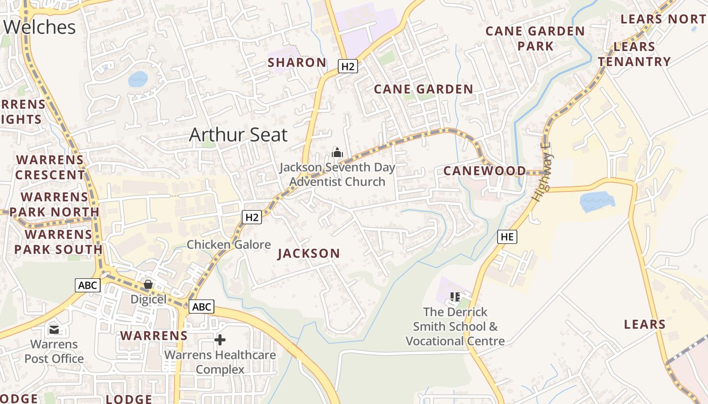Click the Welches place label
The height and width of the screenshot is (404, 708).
pyautogui.click(x=40, y=27)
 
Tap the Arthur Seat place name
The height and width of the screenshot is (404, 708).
pyautogui.click(x=238, y=135)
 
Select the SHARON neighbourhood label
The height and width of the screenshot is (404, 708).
pyautogui.click(x=297, y=63)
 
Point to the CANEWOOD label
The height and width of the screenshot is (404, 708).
pyautogui.click(x=484, y=171)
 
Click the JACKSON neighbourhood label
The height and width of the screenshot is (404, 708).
pyautogui.click(x=308, y=254)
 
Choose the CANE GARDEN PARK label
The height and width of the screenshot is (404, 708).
pyautogui.click(x=535, y=38)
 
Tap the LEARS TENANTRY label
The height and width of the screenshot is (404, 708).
pyautogui.click(x=634, y=54)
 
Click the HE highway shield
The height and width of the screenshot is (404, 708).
pyautogui.click(x=507, y=236)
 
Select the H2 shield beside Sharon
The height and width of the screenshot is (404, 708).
pyautogui.click(x=348, y=66)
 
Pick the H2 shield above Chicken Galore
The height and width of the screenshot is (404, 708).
pyautogui.click(x=252, y=217)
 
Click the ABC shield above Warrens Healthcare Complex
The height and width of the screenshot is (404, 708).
pyautogui.click(x=201, y=306)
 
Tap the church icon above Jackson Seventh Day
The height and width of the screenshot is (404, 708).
pyautogui.click(x=337, y=152)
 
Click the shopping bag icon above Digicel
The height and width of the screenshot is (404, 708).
pyautogui.click(x=148, y=285)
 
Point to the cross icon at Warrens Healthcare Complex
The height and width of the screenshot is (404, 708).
pyautogui.click(x=220, y=340)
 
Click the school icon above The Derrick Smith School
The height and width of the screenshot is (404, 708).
pyautogui.click(x=455, y=297)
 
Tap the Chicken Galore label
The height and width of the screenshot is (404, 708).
pyautogui.click(x=229, y=245)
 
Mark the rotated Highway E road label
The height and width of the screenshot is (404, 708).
pyautogui.click(x=542, y=172)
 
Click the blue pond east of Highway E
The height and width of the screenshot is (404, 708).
pyautogui.click(x=597, y=201)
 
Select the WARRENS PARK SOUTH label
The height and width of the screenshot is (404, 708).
pyautogui.click(x=58, y=242)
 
